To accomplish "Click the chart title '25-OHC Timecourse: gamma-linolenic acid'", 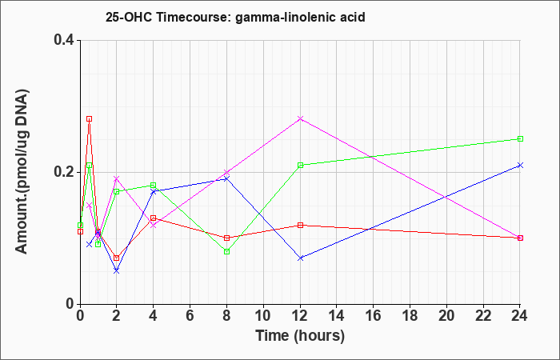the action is pyautogui.click(x=235, y=17).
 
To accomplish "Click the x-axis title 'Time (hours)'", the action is pyautogui.click(x=300, y=336).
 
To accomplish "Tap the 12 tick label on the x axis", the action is pyautogui.click(x=300, y=315).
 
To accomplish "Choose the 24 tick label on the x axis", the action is pyautogui.click(x=520, y=315).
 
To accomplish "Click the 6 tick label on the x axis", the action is pyautogui.click(x=190, y=315).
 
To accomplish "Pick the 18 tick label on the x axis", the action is pyautogui.click(x=410, y=315).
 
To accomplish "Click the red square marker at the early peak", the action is pyautogui.click(x=90, y=119).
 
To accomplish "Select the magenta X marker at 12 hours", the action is pyautogui.click(x=300, y=118).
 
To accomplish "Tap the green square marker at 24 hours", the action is pyautogui.click(x=520, y=139).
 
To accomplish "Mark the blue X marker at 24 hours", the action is pyautogui.click(x=520, y=165).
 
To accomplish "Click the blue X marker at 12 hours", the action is pyautogui.click(x=300, y=258).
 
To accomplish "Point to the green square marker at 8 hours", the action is pyautogui.click(x=226, y=251).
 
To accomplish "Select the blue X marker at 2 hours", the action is pyautogui.click(x=117, y=271).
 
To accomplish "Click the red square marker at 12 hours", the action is pyautogui.click(x=300, y=225).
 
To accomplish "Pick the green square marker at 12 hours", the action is pyautogui.click(x=300, y=165).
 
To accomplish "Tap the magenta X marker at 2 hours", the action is pyautogui.click(x=117, y=178).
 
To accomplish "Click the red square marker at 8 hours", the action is pyautogui.click(x=226, y=238).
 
